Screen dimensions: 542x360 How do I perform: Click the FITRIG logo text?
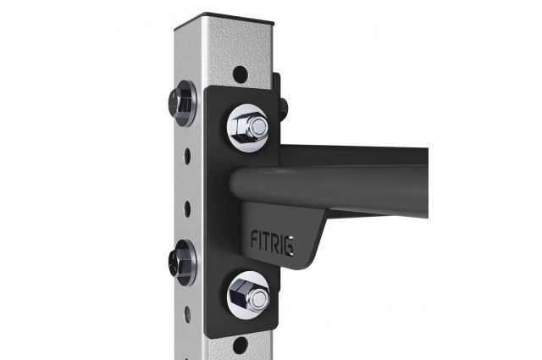tap(273, 242)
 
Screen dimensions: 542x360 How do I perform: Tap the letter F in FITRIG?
tap(254, 240)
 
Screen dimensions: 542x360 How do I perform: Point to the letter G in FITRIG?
tap(290, 246)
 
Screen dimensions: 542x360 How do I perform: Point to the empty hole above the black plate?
tap(241, 74)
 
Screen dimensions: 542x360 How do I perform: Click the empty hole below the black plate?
tap(240, 346)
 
